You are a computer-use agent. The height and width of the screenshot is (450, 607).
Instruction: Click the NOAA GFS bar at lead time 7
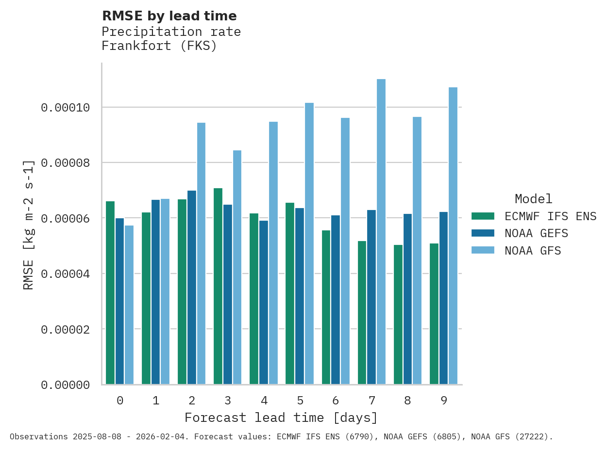[x=381, y=232]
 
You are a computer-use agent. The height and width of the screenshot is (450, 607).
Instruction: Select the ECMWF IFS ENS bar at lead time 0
[x=110, y=293]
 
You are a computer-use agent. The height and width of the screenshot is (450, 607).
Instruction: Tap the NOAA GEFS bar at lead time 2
[x=192, y=288]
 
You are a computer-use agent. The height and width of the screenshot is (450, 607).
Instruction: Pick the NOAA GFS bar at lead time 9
[x=453, y=236]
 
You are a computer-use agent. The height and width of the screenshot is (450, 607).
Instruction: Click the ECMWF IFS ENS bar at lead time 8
[x=398, y=315]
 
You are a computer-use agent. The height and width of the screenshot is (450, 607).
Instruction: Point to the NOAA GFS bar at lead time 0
[x=129, y=305]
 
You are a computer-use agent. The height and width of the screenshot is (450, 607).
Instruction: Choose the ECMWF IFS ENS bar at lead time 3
[x=218, y=286]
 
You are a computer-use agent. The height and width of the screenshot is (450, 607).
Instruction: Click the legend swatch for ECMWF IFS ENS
[x=483, y=216]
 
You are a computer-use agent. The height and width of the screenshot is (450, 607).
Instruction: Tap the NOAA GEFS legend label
[x=536, y=233]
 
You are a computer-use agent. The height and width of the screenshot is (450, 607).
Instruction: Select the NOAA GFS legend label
[x=533, y=251]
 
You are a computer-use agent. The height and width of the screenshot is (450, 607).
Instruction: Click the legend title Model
[x=533, y=199]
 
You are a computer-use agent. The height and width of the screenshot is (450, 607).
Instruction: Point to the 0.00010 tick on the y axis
[x=65, y=107]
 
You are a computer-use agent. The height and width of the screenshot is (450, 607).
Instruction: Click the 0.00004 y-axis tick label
[x=65, y=274]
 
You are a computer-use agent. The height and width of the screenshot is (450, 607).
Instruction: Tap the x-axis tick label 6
[x=336, y=401]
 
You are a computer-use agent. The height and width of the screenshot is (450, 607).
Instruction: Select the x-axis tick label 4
[x=264, y=401]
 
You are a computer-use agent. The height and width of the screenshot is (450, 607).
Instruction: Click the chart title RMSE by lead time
[x=169, y=16]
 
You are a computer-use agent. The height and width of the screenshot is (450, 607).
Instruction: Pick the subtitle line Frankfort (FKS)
[x=159, y=46]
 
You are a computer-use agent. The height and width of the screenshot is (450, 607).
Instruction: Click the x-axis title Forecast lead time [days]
[x=281, y=418]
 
